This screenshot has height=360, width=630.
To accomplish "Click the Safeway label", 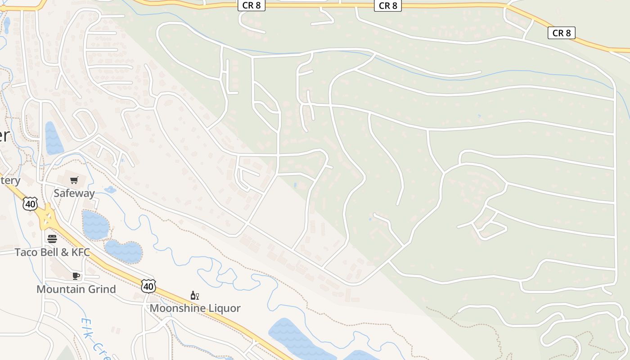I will pyautogui.click(x=74, y=193).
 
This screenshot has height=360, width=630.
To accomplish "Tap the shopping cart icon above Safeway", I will pyautogui.click(x=74, y=180).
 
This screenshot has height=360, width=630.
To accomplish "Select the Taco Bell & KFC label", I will pyautogui.click(x=52, y=252).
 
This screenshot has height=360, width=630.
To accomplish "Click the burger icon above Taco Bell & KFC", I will pyautogui.click(x=52, y=238).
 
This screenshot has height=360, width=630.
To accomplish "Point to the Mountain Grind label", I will pyautogui.click(x=76, y=289).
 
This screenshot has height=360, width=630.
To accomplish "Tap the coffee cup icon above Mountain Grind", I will pyautogui.click(x=76, y=276).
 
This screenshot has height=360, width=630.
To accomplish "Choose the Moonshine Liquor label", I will pyautogui.click(x=195, y=308).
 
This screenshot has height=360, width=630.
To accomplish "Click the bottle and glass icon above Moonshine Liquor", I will pyautogui.click(x=195, y=296).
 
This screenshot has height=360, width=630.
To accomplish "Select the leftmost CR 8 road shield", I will pyautogui.click(x=252, y=5).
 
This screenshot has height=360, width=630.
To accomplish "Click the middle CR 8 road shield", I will pyautogui.click(x=387, y=5).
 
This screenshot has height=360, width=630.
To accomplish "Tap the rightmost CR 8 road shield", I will pyautogui.click(x=561, y=33).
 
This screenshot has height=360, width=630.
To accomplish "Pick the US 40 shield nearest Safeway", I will pyautogui.click(x=30, y=204).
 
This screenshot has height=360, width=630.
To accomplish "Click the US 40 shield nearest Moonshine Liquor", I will pyautogui.click(x=148, y=286).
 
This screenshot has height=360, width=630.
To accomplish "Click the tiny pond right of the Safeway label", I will pyautogui.click(x=110, y=189).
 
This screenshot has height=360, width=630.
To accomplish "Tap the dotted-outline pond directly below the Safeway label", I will pyautogui.click(x=95, y=225).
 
